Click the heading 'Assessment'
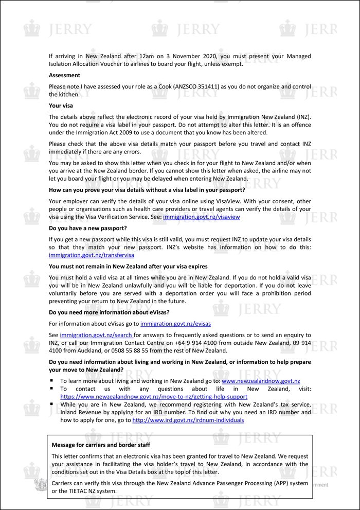point(64,75)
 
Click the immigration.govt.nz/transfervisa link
point(91,255)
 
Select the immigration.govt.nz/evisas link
point(175,324)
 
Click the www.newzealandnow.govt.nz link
point(261,381)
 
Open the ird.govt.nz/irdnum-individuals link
point(188,420)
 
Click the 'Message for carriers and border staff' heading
point(101,445)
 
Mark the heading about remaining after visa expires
point(128,266)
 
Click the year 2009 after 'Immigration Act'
point(123,132)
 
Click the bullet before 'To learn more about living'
point(52,381)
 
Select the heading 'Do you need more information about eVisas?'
point(109,312)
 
